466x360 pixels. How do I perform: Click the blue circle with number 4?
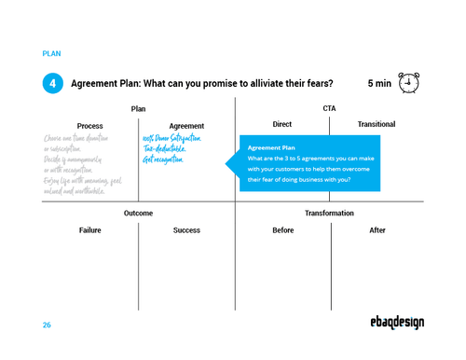53,84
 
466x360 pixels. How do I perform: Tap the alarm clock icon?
408,83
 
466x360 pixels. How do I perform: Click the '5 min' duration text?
379,84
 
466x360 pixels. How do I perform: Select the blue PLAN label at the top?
52,54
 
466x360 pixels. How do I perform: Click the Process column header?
90,126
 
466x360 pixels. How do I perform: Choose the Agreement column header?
186,126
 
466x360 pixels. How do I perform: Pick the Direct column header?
281,124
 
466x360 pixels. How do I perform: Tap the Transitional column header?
377,124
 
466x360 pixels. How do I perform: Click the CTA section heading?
329,108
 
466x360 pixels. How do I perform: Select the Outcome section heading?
138,214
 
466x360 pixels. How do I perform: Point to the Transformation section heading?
329,214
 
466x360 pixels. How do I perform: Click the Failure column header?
90,230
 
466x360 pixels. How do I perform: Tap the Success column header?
186,230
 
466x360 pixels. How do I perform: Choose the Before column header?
282,230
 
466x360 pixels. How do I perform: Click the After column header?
377,230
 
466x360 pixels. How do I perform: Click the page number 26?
47,325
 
